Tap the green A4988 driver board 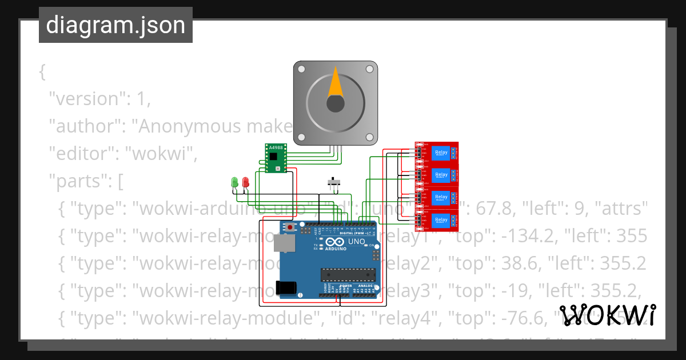(x=276, y=158)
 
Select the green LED (x=234, y=182)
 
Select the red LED (x=245, y=182)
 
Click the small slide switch (x=334, y=183)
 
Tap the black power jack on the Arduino (x=286, y=288)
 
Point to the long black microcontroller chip (x=348, y=274)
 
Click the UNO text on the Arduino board (x=356, y=242)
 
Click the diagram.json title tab (x=115, y=25)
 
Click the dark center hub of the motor (x=336, y=104)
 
